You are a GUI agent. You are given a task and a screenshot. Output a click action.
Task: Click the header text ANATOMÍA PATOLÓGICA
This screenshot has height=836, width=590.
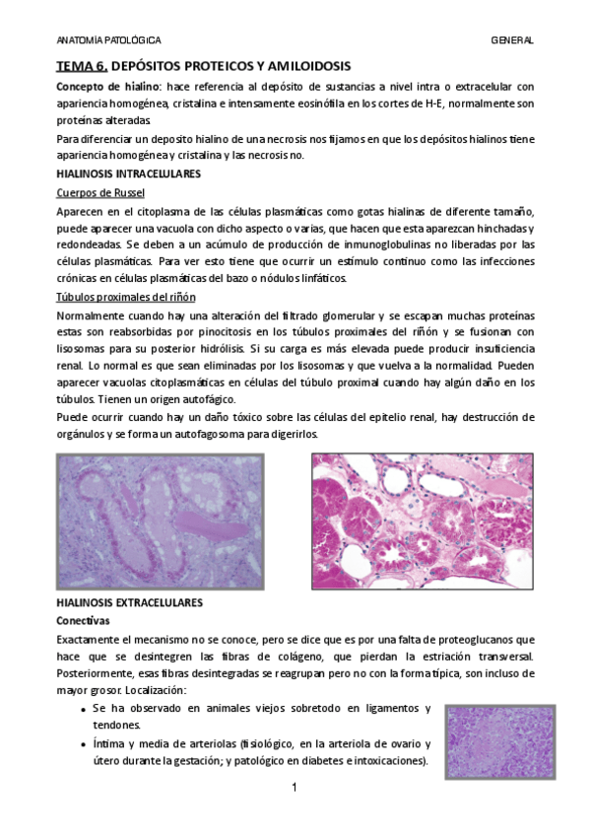click(x=108, y=40)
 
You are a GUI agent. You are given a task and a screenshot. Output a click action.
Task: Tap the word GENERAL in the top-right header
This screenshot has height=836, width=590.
click(x=512, y=40)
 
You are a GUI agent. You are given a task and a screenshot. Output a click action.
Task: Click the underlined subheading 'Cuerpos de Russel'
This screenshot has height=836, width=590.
click(x=100, y=192)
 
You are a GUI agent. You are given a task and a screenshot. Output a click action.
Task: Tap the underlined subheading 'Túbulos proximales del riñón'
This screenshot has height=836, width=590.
click(x=125, y=297)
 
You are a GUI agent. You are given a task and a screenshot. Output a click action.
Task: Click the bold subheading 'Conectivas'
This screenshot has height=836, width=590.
click(x=84, y=621)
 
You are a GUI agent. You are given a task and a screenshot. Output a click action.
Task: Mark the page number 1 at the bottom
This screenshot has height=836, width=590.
click(x=295, y=788)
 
